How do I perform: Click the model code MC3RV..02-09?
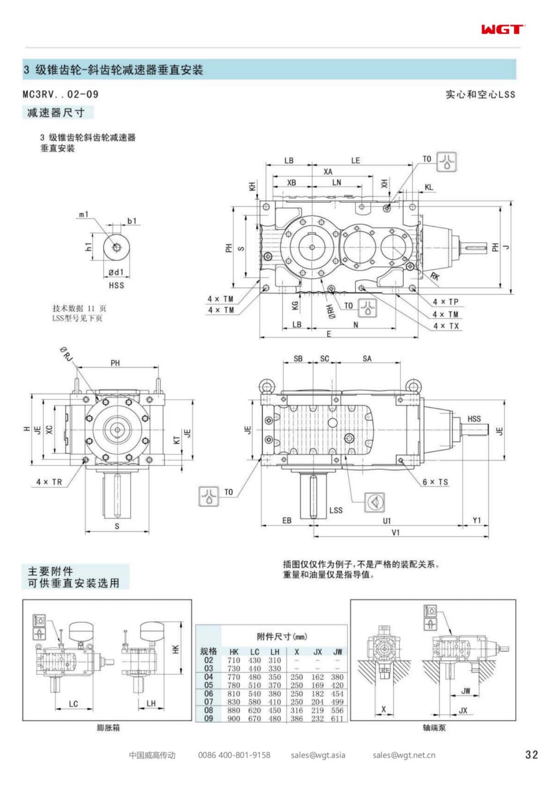[x=61, y=94]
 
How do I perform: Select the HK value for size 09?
[x=234, y=719]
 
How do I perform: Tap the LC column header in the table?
[x=254, y=652]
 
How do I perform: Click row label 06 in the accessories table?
[x=208, y=694]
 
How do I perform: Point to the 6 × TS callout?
[x=435, y=482]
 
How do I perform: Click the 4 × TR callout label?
[x=49, y=482]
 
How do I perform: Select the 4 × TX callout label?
[x=446, y=326]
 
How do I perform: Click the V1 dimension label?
[x=395, y=533]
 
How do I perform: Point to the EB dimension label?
[x=286, y=520]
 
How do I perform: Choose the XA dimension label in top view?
[x=328, y=171]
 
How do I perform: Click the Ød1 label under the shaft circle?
[x=116, y=272]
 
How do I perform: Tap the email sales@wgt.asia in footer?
[x=318, y=755]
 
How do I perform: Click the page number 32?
[x=531, y=755]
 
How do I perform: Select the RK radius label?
[x=435, y=276]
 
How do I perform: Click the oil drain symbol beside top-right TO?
[x=446, y=162]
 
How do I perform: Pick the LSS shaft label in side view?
[x=336, y=510]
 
